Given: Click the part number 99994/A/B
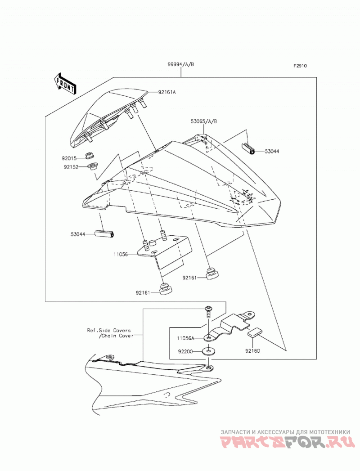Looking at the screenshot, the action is [x=181, y=64].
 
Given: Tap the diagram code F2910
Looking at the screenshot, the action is [x=300, y=66].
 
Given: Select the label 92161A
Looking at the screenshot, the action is [x=167, y=92].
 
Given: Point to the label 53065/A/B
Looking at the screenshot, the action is [x=203, y=121].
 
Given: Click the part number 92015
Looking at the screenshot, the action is [x=69, y=158].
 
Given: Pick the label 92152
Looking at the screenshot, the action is [x=71, y=167].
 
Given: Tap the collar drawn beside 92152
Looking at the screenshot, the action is [x=92, y=166].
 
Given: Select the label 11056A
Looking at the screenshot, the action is [x=186, y=338].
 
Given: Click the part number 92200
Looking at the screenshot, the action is [x=185, y=351].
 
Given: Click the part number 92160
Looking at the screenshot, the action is [x=252, y=350].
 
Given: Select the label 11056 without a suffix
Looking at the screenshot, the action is [x=121, y=255].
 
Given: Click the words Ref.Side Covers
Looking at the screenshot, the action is [x=109, y=331].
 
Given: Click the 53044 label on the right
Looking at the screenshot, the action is [x=272, y=152].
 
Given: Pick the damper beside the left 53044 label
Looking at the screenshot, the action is [x=105, y=233].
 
